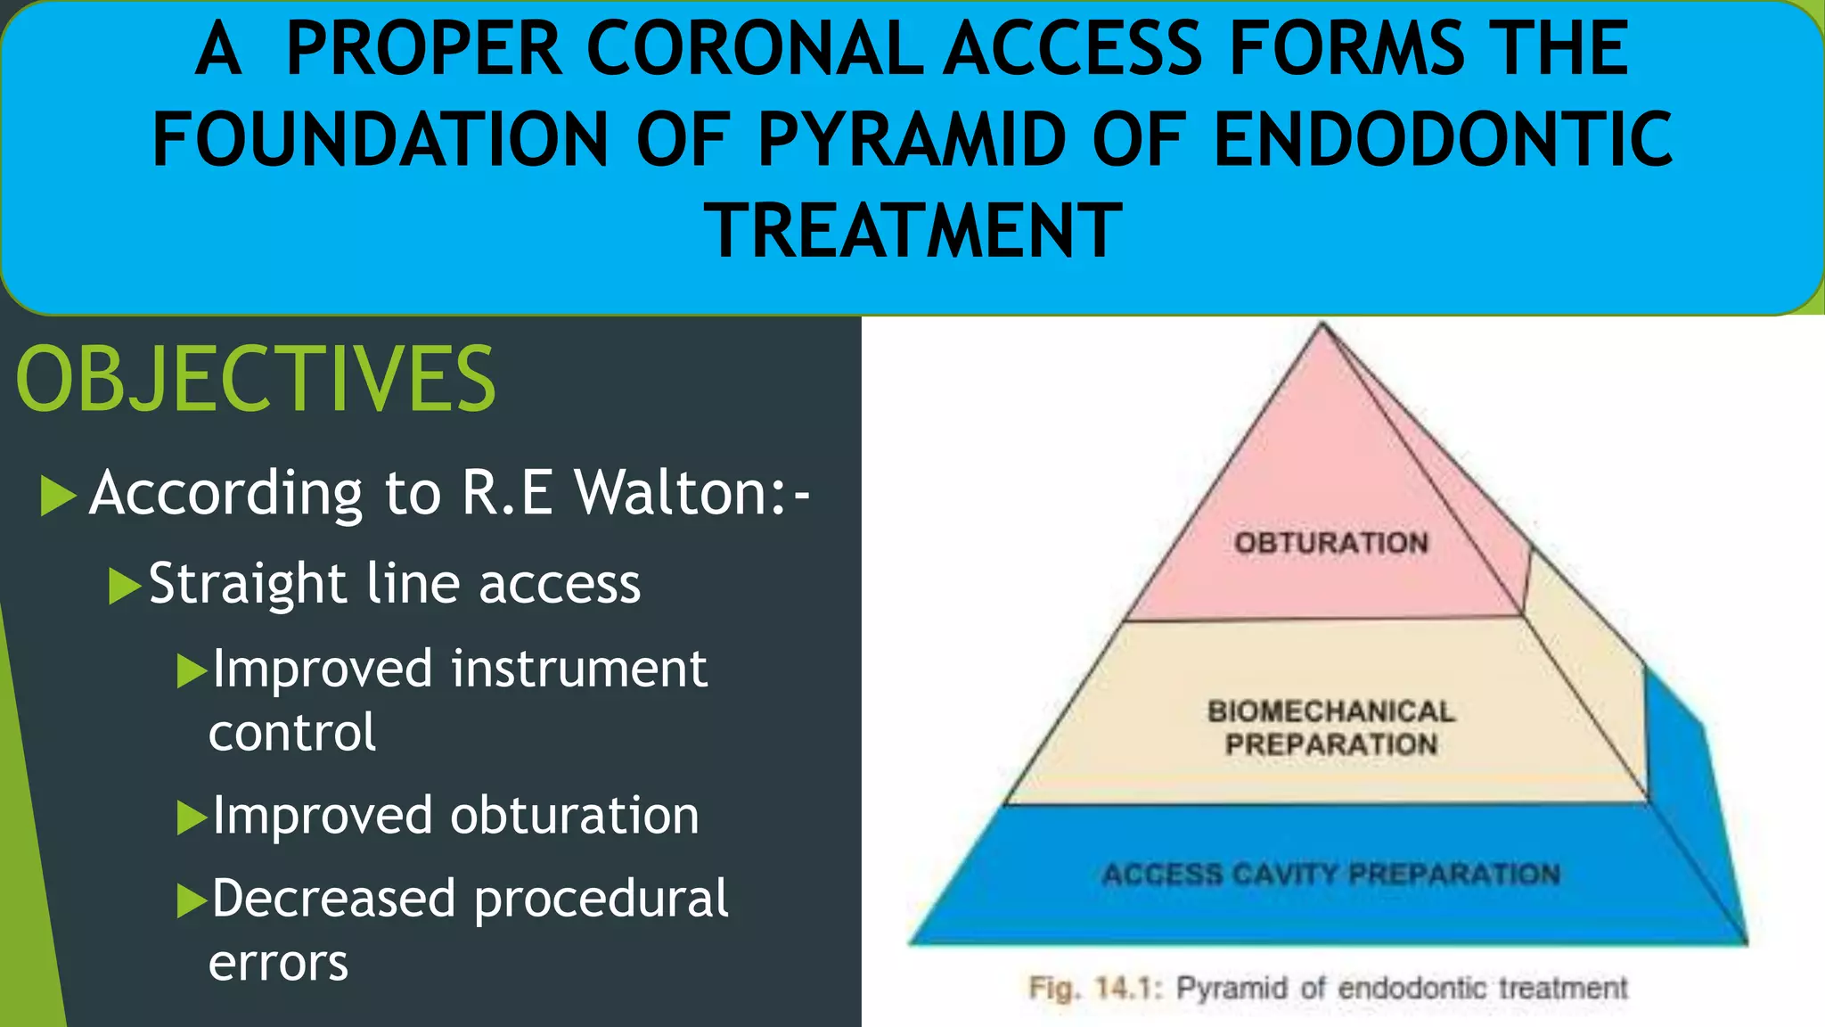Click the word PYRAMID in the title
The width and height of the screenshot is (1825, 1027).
tap(912, 139)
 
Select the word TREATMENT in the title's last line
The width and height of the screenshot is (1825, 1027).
tap(912, 230)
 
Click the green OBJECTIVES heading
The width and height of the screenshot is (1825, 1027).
tap(256, 380)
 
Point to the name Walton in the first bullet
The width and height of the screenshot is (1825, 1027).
tap(679, 492)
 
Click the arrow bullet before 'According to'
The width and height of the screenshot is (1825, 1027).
tap(59, 496)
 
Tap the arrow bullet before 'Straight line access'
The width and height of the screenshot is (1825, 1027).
tap(125, 586)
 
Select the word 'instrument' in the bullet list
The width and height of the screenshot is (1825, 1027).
tap(579, 669)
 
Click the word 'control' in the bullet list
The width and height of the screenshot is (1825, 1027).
tap(292, 733)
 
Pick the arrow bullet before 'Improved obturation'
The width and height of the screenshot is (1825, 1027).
tap(192, 817)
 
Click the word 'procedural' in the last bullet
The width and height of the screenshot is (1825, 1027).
tap(601, 899)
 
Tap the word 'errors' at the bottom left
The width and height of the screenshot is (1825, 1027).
tap(278, 963)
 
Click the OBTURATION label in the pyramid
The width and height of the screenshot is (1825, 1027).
tap(1331, 543)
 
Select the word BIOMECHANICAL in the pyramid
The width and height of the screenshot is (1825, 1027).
tap(1331, 711)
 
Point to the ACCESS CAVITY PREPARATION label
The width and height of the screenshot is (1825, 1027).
tap(1331, 874)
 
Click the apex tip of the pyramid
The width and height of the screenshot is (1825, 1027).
tap(1322, 325)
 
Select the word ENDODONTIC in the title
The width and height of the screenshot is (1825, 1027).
tap(1443, 139)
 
